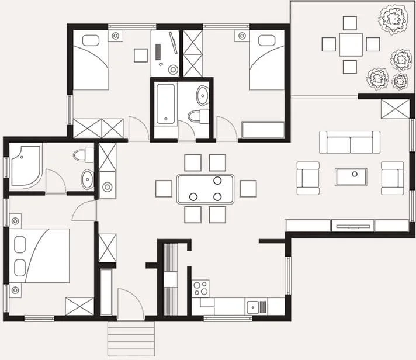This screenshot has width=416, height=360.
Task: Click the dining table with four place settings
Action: tap(205, 189)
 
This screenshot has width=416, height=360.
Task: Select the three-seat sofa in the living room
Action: tap(349, 142)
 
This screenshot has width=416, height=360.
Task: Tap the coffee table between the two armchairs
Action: tap(351, 176)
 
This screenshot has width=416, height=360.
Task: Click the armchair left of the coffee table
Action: tap(308, 178)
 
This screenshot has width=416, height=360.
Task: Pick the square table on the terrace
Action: tap(351, 44)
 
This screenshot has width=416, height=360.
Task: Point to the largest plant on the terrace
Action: tap(393, 20)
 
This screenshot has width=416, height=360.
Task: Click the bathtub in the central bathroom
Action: tap(165, 104)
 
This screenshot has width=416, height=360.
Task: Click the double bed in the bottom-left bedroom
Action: tap(39, 255)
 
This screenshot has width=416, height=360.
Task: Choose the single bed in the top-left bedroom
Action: tap(91, 61)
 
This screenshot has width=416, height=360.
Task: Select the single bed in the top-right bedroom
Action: tap(267, 61)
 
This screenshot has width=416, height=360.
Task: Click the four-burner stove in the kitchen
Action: tap(200, 288)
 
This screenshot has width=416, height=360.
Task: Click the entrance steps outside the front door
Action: tap(131, 339)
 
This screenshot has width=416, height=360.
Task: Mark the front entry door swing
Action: tap(130, 304)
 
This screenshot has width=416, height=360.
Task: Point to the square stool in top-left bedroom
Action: tap(141, 55)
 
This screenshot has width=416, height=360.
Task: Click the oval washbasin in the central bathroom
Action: tap(202, 95)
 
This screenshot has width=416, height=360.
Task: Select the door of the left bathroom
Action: tap(56, 182)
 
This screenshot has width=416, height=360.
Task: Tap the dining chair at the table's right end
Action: tap(248, 189)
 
